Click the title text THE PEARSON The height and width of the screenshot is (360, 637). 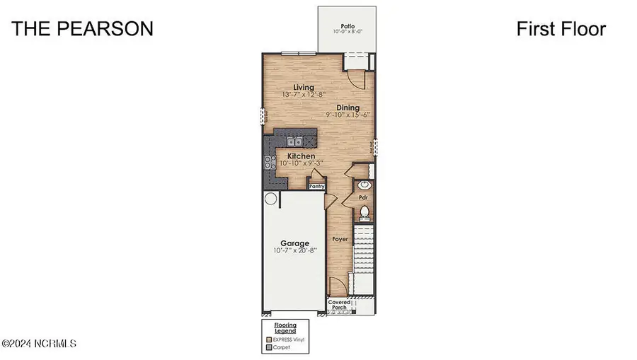pos(83,29)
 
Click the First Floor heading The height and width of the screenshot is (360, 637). pos(561,29)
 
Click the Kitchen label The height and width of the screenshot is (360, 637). pos(301,156)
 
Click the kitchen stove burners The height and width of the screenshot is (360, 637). pos(270,163)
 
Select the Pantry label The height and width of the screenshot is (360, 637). pos(316,186)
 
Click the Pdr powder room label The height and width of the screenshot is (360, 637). pos(362,198)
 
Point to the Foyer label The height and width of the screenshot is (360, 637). pos(341,240)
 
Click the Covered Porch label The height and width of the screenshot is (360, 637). pos(339,305)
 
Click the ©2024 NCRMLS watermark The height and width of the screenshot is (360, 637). pos(40,344)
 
